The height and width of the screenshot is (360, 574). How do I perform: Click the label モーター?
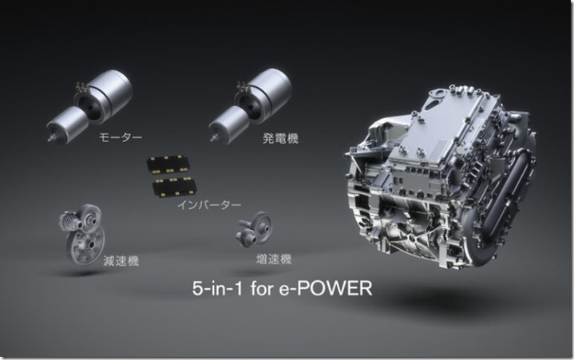(121, 137)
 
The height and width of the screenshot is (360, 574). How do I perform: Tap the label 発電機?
(280, 138)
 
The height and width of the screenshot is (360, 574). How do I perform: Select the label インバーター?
(209, 204)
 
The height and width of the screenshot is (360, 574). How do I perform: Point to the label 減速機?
(121, 261)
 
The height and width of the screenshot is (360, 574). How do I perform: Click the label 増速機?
(274, 259)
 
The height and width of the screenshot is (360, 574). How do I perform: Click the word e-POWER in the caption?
(326, 288)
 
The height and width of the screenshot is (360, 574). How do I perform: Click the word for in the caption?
(262, 288)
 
